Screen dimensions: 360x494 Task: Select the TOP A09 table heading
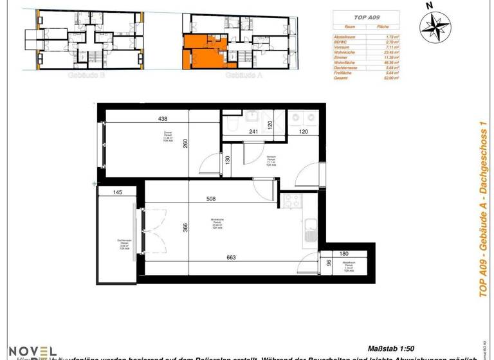(365, 19)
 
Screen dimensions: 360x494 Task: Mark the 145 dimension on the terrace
(118, 192)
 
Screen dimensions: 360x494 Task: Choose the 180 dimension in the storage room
(345, 254)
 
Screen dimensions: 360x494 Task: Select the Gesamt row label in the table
(342, 78)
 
